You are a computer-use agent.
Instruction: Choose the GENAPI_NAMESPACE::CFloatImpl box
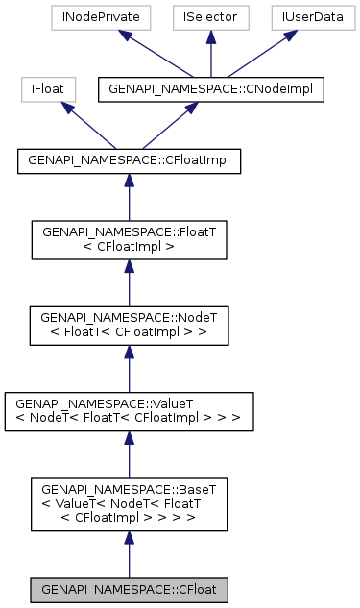tap(129, 161)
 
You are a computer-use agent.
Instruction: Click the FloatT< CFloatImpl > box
tap(129, 240)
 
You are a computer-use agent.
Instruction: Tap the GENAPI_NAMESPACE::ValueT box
tap(129, 410)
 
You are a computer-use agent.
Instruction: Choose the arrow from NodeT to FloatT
tap(129, 281)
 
